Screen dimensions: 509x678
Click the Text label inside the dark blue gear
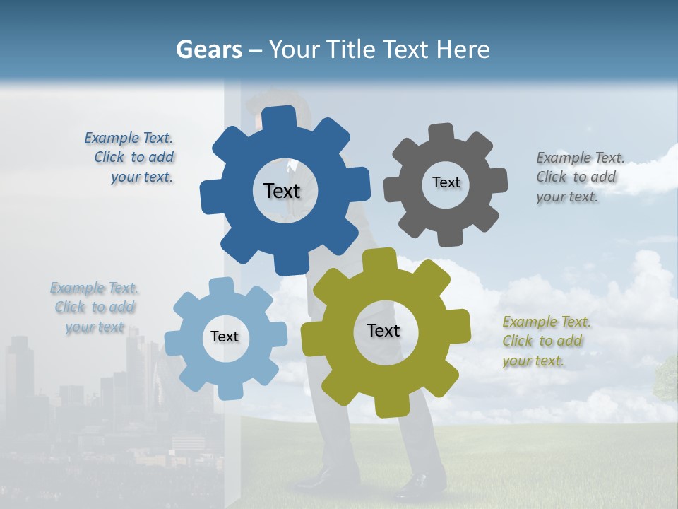(x=282, y=191)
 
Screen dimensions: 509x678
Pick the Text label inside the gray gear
(x=446, y=182)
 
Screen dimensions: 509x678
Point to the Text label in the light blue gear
(x=225, y=337)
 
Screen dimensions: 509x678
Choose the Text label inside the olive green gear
(x=383, y=330)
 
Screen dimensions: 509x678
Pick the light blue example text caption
(x=95, y=308)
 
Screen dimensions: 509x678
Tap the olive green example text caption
(x=545, y=341)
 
